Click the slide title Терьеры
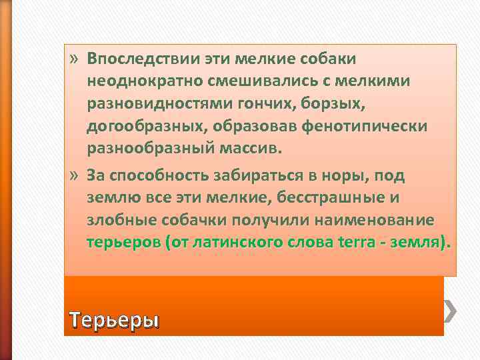115,321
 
